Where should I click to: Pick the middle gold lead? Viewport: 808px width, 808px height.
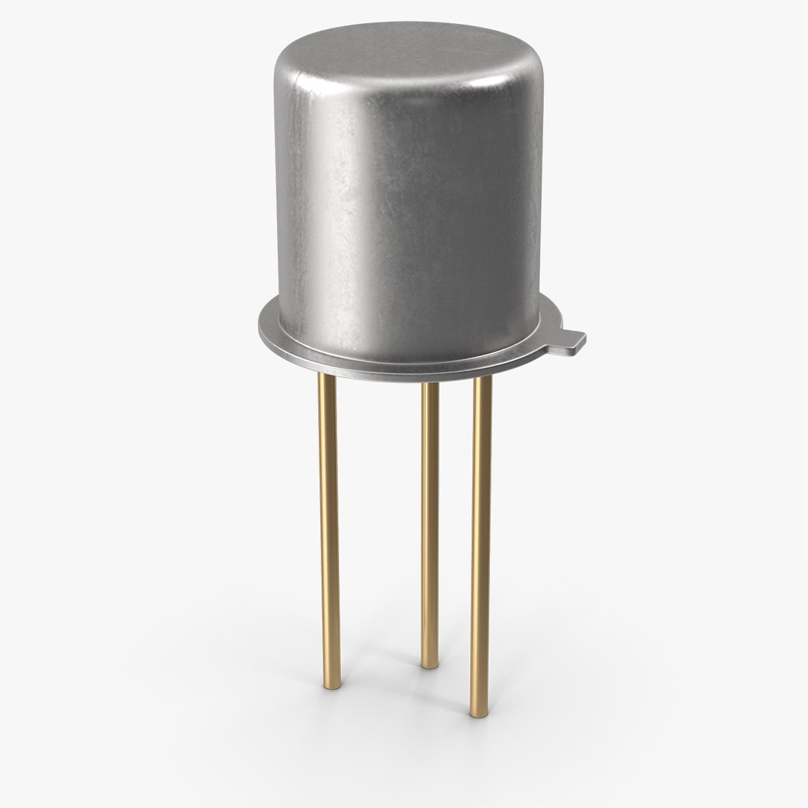[x=429, y=524]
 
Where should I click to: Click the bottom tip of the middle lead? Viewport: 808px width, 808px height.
[x=429, y=663]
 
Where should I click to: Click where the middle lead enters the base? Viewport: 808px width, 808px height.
[x=429, y=386]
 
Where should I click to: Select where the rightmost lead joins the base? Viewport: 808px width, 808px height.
[x=483, y=379]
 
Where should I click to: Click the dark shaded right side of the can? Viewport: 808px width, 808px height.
[x=516, y=224]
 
